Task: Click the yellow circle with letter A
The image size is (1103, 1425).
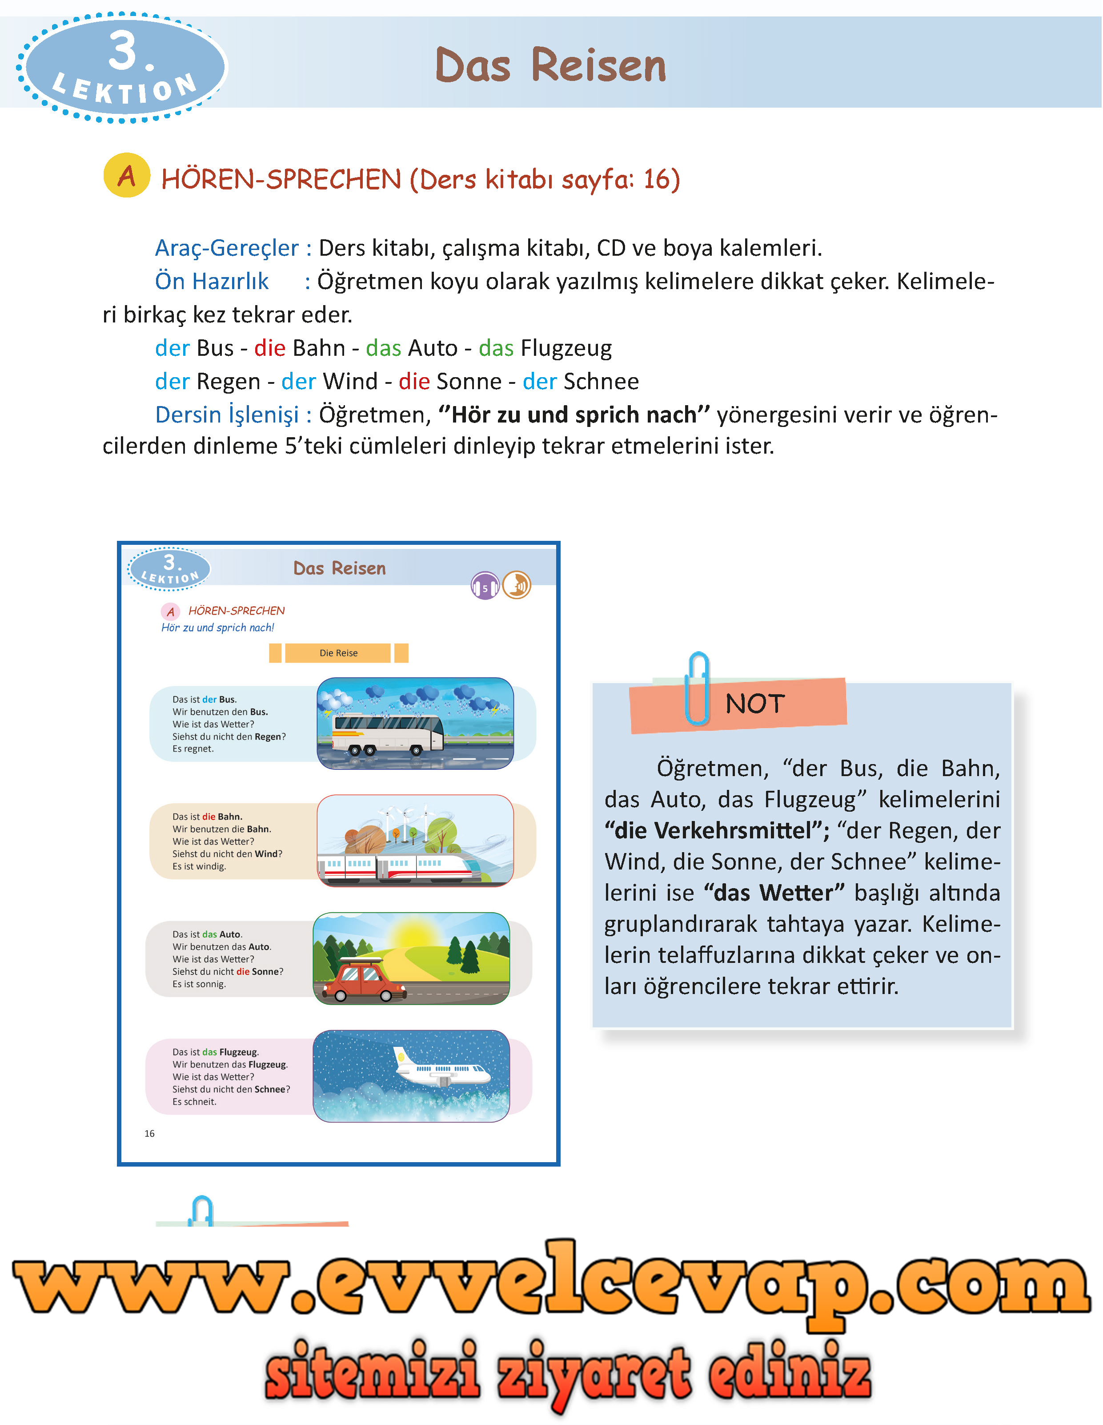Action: click(x=127, y=176)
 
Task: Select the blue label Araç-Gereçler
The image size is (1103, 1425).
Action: click(x=226, y=248)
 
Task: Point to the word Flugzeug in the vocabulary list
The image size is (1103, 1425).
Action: click(x=566, y=348)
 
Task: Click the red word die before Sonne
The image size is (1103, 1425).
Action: click(x=413, y=382)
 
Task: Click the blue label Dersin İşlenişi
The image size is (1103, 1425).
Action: click(x=226, y=415)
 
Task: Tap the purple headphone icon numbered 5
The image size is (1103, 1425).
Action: click(x=485, y=586)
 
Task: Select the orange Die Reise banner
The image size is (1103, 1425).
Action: click(x=338, y=653)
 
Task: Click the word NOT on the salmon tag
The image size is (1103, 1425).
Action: click(x=755, y=704)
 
